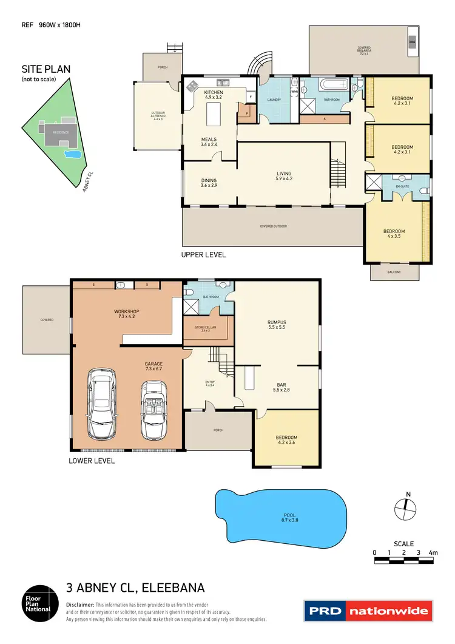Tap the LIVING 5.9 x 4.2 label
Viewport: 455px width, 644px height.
tap(284, 176)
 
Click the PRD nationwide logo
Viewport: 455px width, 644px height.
tap(368, 611)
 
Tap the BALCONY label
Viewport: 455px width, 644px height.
tap(394, 272)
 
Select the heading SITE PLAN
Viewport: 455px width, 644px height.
tap(45, 69)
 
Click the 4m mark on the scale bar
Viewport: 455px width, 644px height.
tap(432, 552)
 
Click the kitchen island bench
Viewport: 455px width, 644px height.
tap(212, 113)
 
